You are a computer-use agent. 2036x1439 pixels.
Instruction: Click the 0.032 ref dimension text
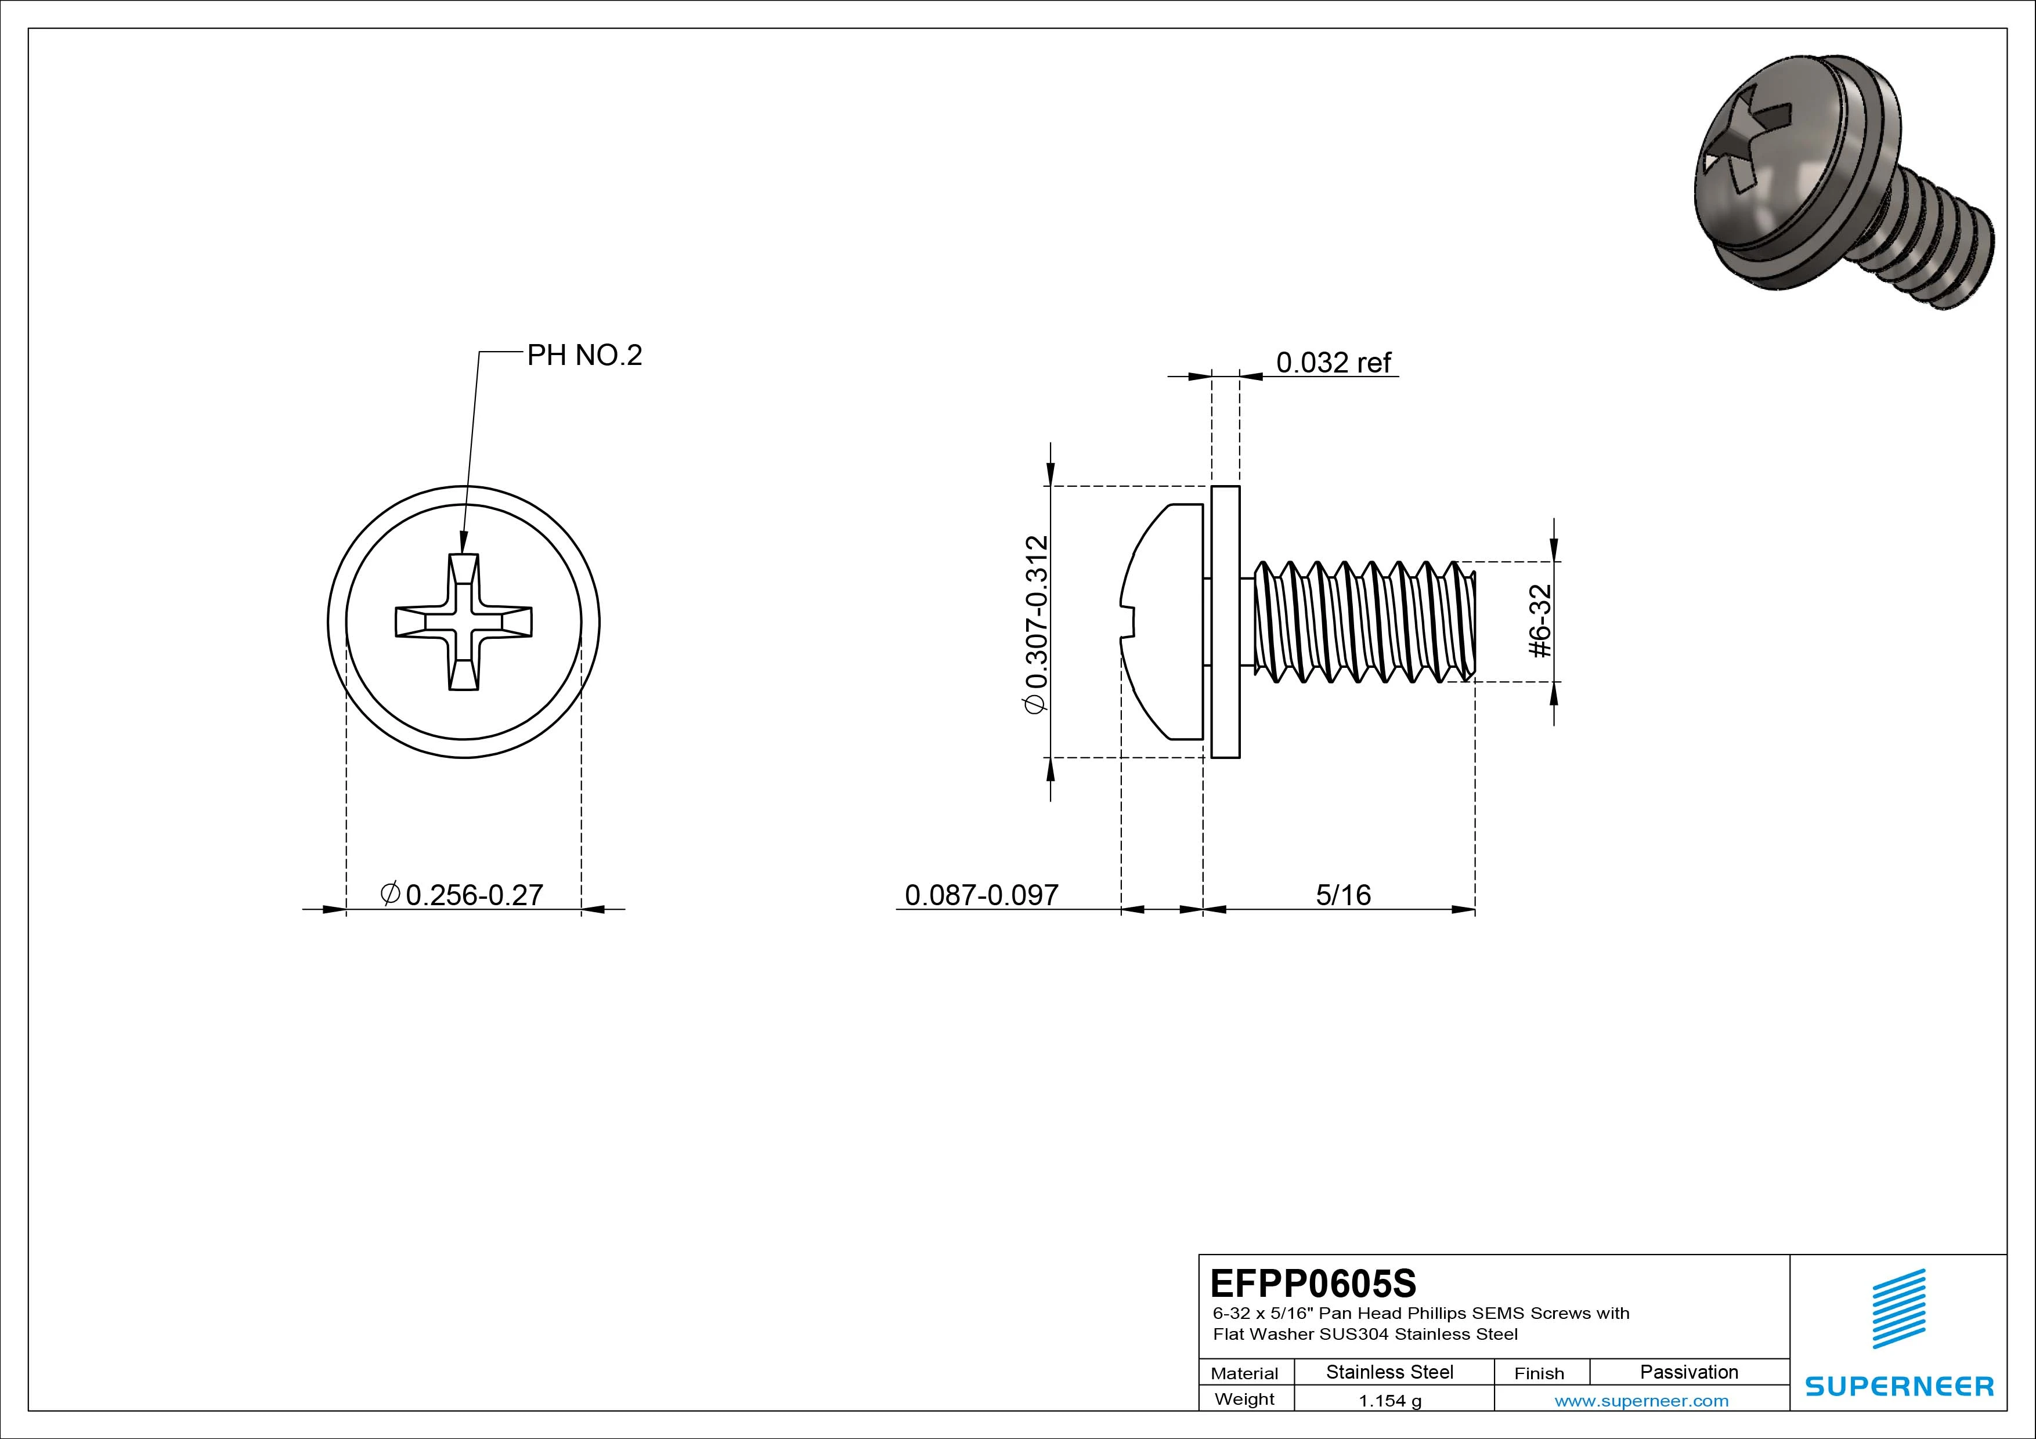(x=1333, y=363)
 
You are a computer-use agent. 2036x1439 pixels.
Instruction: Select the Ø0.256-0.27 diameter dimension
(x=462, y=895)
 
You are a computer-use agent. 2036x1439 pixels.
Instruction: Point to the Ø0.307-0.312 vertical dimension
(x=1036, y=623)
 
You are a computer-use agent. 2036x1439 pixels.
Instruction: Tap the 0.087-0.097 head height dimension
(x=981, y=895)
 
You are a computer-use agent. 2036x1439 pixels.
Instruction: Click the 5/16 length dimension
(x=1342, y=895)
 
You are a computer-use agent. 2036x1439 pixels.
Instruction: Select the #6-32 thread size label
(x=1540, y=621)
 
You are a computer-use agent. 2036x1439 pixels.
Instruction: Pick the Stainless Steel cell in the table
(x=1389, y=1372)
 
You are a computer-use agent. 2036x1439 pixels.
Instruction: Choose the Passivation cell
(x=1688, y=1372)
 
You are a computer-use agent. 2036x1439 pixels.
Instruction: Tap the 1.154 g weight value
(x=1389, y=1401)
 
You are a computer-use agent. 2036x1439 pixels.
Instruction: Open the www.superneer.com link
(x=1641, y=1401)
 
